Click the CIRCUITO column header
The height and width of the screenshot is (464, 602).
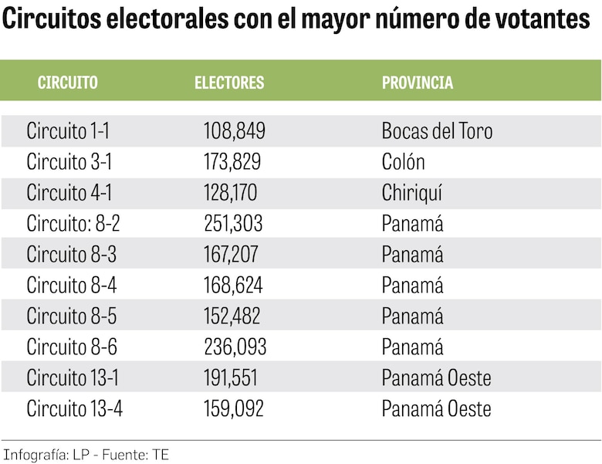(x=68, y=83)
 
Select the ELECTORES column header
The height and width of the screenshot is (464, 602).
(x=229, y=83)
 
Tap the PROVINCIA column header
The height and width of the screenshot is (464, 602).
(x=418, y=83)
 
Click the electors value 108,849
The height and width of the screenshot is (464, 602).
(x=235, y=131)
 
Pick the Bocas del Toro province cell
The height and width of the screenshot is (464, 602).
(x=437, y=131)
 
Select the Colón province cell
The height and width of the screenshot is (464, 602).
(x=404, y=162)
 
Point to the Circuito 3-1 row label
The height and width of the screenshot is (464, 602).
(x=69, y=162)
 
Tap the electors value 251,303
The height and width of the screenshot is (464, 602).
(x=233, y=224)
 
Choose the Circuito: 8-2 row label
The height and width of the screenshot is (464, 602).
(x=73, y=224)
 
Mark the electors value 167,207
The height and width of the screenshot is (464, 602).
(x=232, y=255)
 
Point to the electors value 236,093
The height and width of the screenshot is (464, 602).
(x=235, y=347)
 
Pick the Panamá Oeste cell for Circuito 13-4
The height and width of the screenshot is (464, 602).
(x=436, y=408)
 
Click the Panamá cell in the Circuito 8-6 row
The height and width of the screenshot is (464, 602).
(x=413, y=347)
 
